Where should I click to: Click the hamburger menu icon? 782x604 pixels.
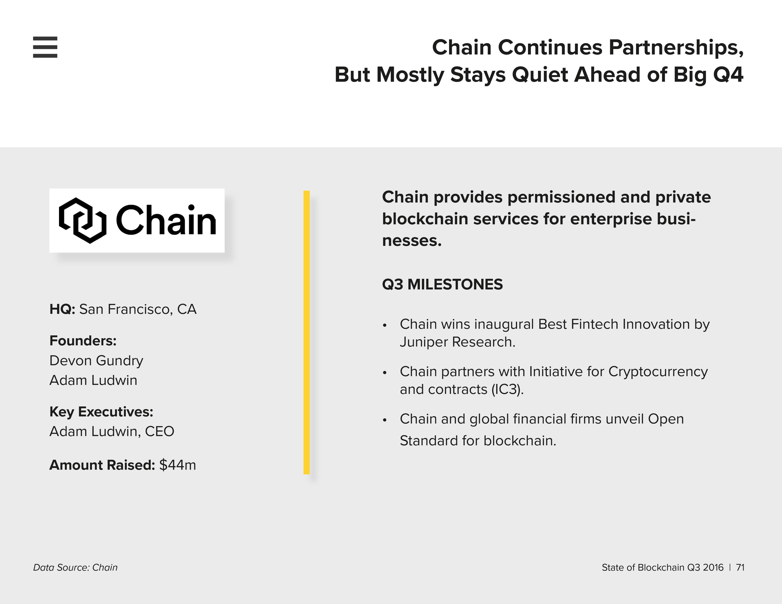(45, 47)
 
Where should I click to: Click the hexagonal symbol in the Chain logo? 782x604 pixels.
(83, 221)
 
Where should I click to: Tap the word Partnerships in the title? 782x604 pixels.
(676, 48)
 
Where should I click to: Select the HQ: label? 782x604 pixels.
(62, 309)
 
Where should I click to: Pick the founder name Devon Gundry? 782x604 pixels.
(96, 361)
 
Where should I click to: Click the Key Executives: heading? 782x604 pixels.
(101, 412)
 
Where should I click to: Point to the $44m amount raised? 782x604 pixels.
(177, 465)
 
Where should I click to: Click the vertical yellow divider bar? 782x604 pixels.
(306, 332)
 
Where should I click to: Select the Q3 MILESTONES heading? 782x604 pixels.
(442, 284)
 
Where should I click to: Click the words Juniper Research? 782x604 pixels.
(458, 342)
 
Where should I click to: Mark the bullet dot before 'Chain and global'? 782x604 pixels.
(385, 420)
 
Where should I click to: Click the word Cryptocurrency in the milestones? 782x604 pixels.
(658, 372)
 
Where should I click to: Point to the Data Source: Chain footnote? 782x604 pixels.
(75, 568)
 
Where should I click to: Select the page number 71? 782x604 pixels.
(740, 568)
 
